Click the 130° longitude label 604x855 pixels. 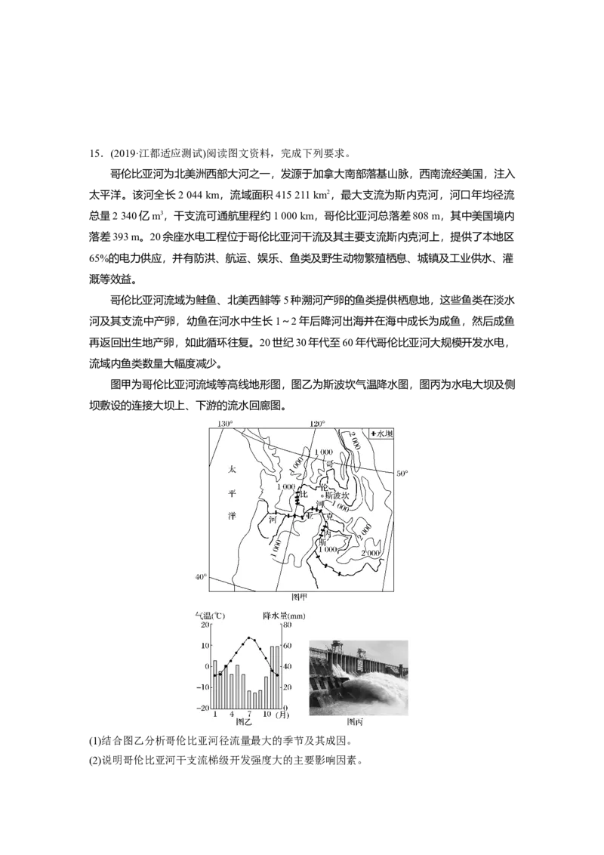click(x=225, y=424)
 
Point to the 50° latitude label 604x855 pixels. click(x=402, y=474)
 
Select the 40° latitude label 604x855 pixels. click(x=201, y=577)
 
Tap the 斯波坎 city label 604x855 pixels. click(x=337, y=495)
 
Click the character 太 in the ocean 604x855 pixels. click(x=233, y=469)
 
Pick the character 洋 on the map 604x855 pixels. click(x=233, y=517)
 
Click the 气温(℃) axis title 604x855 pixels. click(x=211, y=616)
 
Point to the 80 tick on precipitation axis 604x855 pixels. click(x=287, y=625)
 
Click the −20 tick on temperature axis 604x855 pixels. click(x=202, y=708)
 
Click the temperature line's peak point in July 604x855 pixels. click(x=249, y=637)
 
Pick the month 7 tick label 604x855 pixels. click(x=249, y=714)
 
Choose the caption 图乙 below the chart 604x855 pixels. click(x=244, y=722)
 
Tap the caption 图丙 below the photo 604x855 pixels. click(x=356, y=722)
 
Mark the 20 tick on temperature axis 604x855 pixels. click(x=205, y=625)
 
